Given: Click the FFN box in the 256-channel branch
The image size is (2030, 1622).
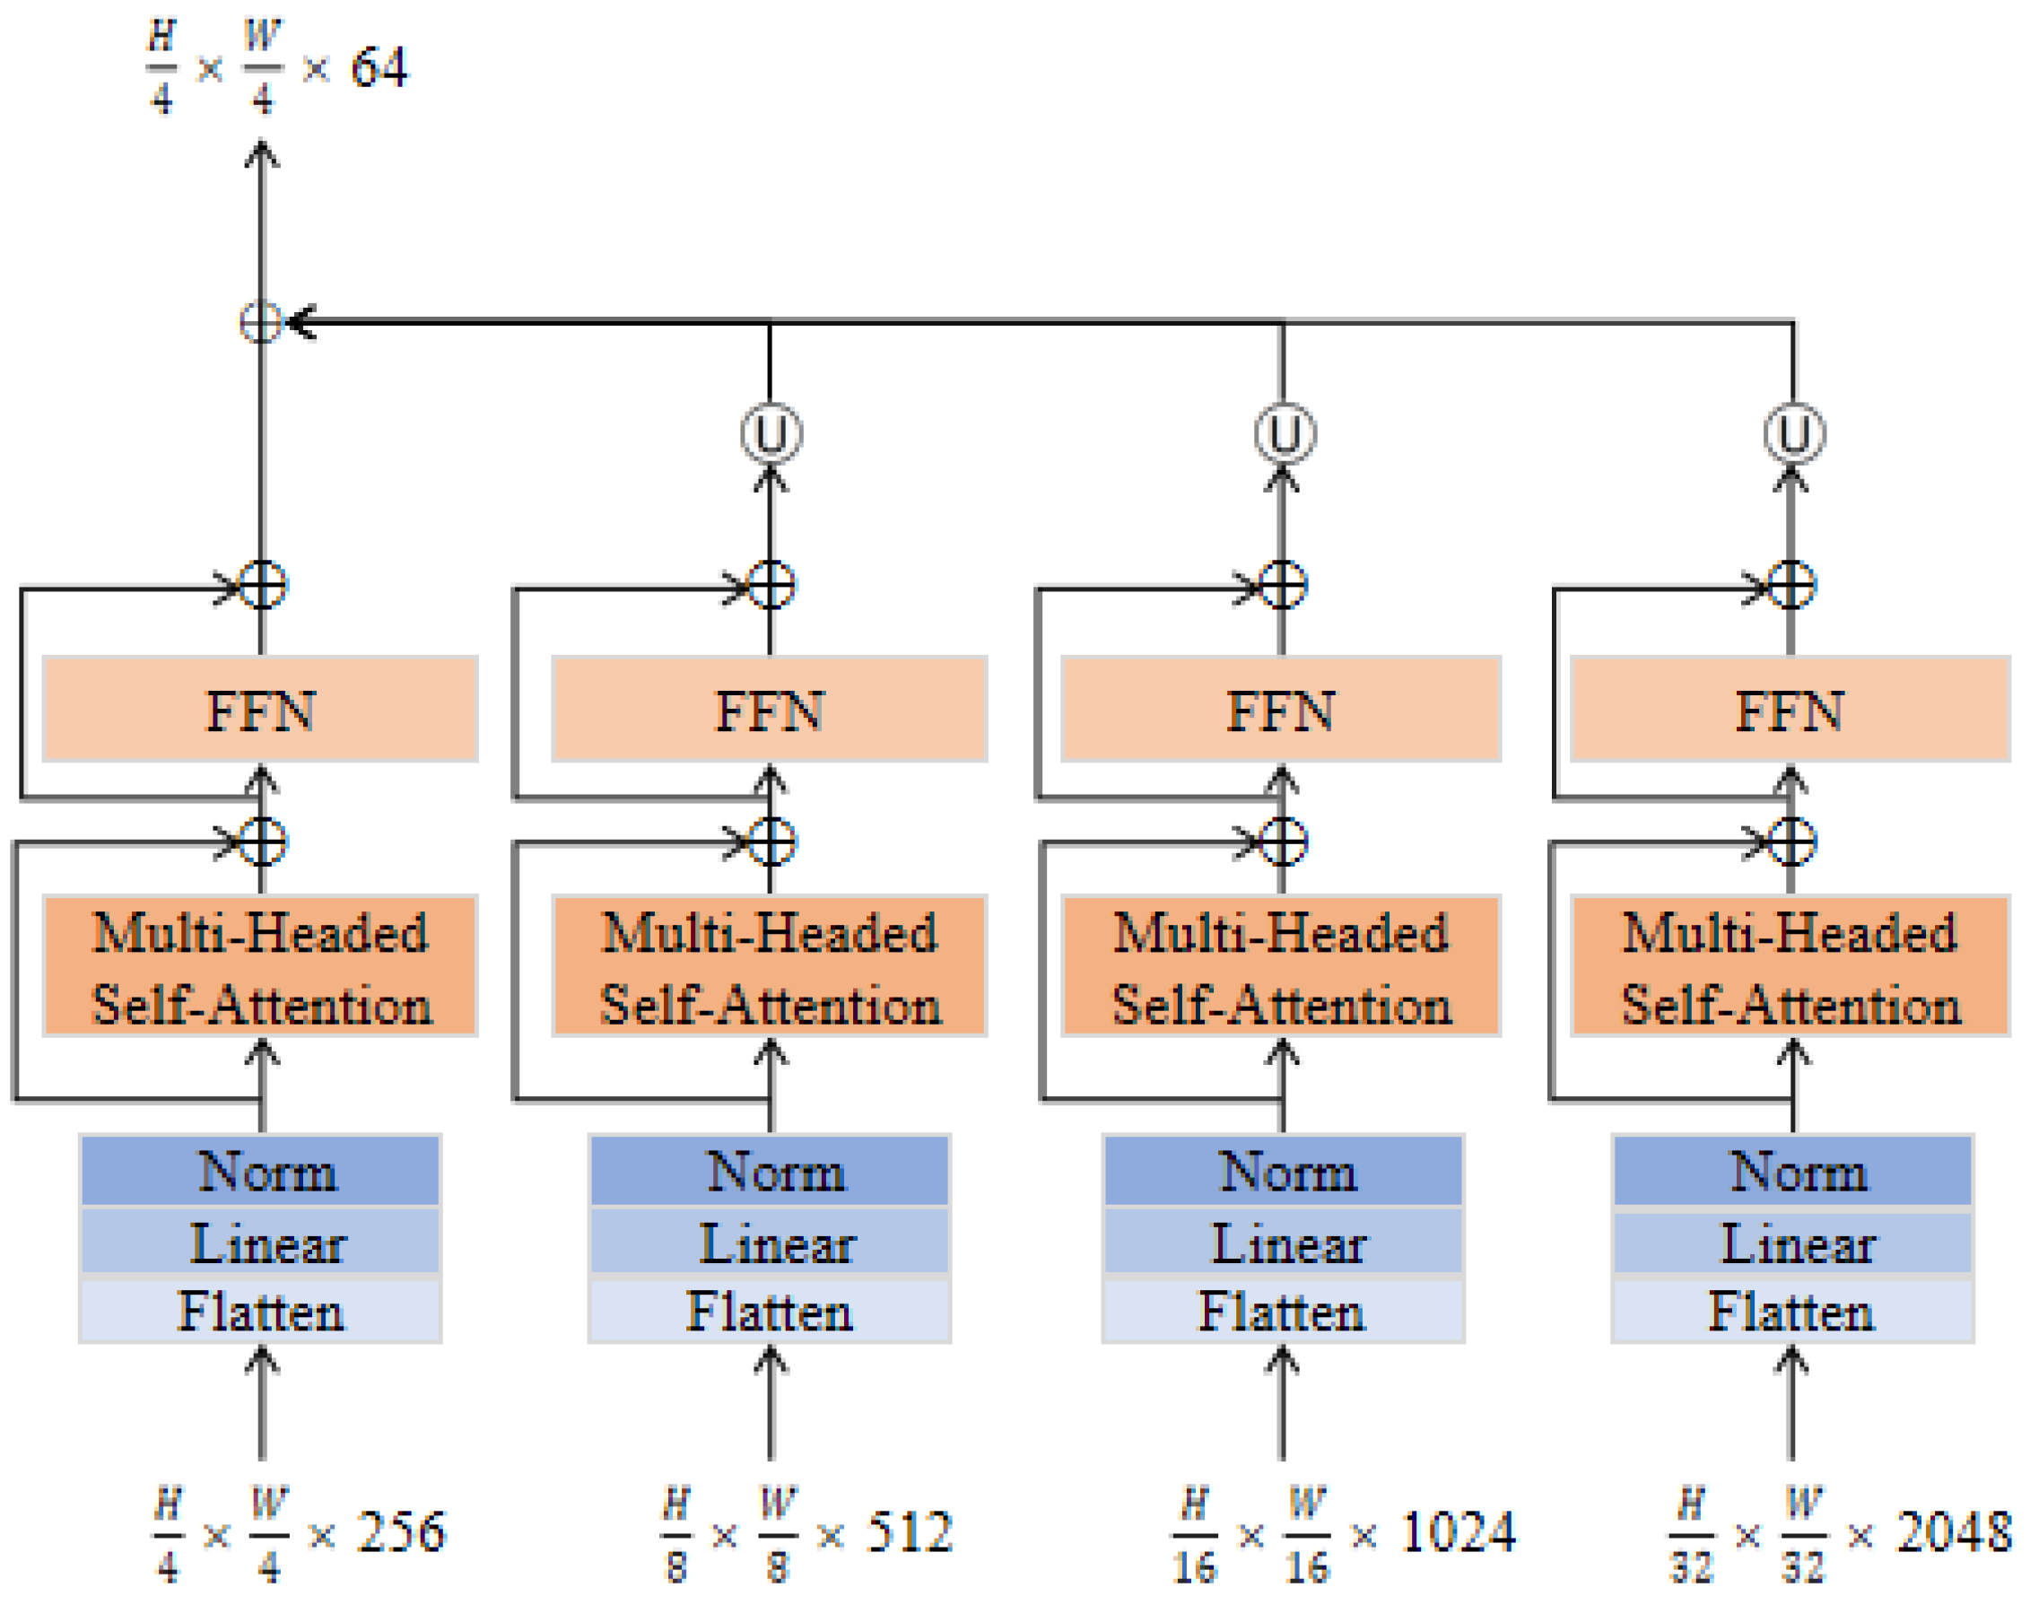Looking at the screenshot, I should click(260, 710).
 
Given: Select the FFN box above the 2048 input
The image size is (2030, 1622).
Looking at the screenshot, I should click(1789, 710).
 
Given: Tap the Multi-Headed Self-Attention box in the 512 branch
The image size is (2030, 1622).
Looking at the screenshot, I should click(770, 967).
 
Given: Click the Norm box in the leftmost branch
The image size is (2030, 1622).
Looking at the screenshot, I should click(260, 1172).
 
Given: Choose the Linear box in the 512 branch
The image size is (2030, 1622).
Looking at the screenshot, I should click(770, 1243).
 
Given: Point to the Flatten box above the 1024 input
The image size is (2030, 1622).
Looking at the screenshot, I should click(1283, 1312).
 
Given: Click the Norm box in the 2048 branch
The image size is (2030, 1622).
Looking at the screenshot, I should click(1791, 1172).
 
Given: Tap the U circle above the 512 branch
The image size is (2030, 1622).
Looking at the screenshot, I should click(771, 434).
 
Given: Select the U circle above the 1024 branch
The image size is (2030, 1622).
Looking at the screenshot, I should click(1285, 434).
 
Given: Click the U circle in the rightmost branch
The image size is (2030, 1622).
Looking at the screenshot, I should click(1794, 434).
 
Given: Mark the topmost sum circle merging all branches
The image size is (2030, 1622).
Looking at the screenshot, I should click(261, 322).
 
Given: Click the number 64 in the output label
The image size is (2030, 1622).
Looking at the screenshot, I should click(379, 68).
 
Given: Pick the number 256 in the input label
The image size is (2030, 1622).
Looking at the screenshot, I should click(401, 1532).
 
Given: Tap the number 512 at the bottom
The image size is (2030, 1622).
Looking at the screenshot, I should click(909, 1532).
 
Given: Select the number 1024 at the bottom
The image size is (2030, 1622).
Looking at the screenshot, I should click(1458, 1532).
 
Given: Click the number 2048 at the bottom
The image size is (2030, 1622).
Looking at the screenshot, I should click(1954, 1532).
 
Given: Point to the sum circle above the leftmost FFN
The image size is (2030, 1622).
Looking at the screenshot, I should click(262, 586).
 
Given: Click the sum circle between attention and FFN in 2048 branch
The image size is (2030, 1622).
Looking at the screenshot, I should click(1790, 842).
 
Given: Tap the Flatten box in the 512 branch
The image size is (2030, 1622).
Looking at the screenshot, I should click(770, 1312).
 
